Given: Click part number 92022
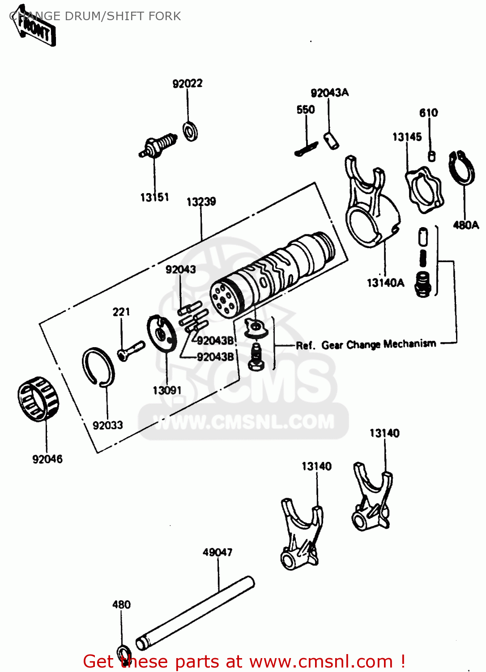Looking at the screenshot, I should click(x=188, y=84).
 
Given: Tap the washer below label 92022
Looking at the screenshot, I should click(x=191, y=131).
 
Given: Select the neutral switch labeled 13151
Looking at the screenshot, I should click(x=158, y=146).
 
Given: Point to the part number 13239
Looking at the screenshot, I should click(x=201, y=202).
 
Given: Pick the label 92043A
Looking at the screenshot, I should click(x=329, y=93).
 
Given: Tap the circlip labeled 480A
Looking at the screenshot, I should click(x=462, y=168).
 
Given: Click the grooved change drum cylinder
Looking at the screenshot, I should click(x=273, y=273).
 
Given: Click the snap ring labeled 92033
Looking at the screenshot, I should click(x=98, y=366).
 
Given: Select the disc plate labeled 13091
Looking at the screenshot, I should click(x=162, y=335).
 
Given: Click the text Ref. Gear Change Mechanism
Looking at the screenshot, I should click(x=366, y=345).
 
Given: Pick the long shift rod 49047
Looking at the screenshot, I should click(x=195, y=612).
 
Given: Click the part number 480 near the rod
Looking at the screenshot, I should click(x=121, y=605).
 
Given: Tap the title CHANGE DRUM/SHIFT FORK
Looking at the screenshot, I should click(x=95, y=16).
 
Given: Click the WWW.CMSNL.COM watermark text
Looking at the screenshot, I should click(x=244, y=422).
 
